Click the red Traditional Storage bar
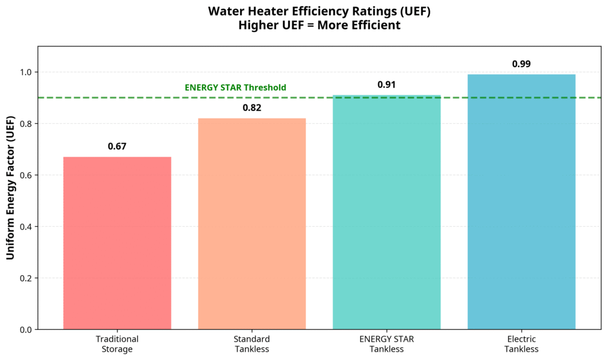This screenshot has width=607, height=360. (x=117, y=243)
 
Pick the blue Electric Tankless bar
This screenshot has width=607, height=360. (x=521, y=202)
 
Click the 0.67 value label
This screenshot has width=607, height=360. (x=117, y=146)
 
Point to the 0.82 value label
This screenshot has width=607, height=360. (x=252, y=108)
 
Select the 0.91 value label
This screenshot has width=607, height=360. (x=386, y=85)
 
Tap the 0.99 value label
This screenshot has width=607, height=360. (x=521, y=64)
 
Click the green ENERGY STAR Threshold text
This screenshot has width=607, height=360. (x=235, y=88)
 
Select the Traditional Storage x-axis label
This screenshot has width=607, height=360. (x=117, y=344)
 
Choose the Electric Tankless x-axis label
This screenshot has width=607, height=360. (x=521, y=344)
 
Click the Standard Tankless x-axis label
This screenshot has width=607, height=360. (x=252, y=344)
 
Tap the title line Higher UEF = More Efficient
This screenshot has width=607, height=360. (x=303, y=26)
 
